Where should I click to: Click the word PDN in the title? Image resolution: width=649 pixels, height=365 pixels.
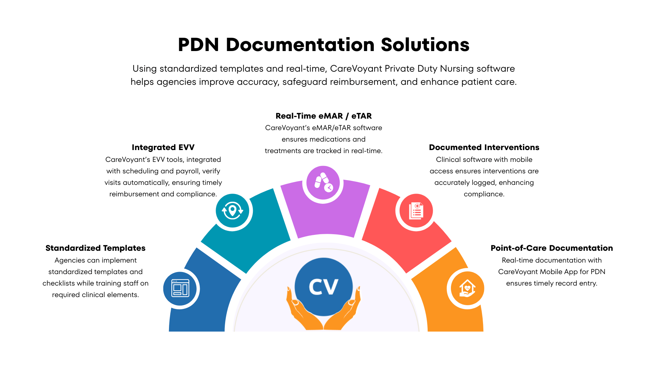(x=198, y=45)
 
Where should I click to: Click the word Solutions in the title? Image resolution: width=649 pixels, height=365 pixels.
(x=425, y=45)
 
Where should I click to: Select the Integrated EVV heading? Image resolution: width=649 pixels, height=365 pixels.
(x=163, y=147)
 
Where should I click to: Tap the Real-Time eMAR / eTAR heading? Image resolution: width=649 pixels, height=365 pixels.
(x=323, y=116)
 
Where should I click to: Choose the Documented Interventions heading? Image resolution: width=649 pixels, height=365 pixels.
(x=484, y=147)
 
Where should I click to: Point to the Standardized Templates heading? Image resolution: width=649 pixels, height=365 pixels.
(x=95, y=248)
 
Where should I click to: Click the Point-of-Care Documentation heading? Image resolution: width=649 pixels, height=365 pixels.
(x=552, y=248)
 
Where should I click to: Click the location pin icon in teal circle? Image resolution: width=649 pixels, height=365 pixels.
(x=232, y=211)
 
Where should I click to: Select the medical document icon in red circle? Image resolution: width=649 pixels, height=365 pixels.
(x=416, y=211)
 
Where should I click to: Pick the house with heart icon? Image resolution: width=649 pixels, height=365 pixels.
(x=467, y=288)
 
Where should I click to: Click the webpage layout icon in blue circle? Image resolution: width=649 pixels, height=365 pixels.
(x=180, y=288)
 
